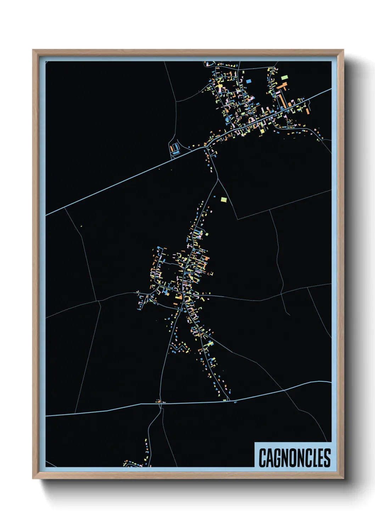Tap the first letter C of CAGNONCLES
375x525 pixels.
(x=263, y=458)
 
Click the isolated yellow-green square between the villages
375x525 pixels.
(x=223, y=199)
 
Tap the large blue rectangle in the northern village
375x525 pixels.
(x=248, y=81)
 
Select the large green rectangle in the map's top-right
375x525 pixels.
(x=284, y=77)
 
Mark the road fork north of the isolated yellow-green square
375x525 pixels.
(x=217, y=179)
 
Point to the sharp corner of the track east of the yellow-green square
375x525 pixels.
(x=237, y=219)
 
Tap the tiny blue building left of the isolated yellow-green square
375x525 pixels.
(x=214, y=197)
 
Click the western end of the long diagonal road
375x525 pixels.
(x=47, y=215)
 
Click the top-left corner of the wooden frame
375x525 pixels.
(x=33, y=50)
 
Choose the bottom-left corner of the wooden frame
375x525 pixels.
(x=33, y=479)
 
